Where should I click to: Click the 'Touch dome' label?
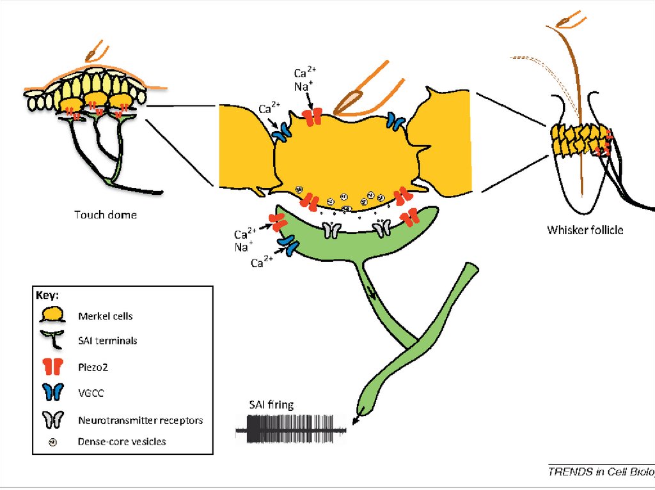[x=105, y=215]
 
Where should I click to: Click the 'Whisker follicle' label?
[x=585, y=229]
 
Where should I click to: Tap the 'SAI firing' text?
[x=271, y=405]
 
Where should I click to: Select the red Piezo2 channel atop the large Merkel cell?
[x=313, y=118]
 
